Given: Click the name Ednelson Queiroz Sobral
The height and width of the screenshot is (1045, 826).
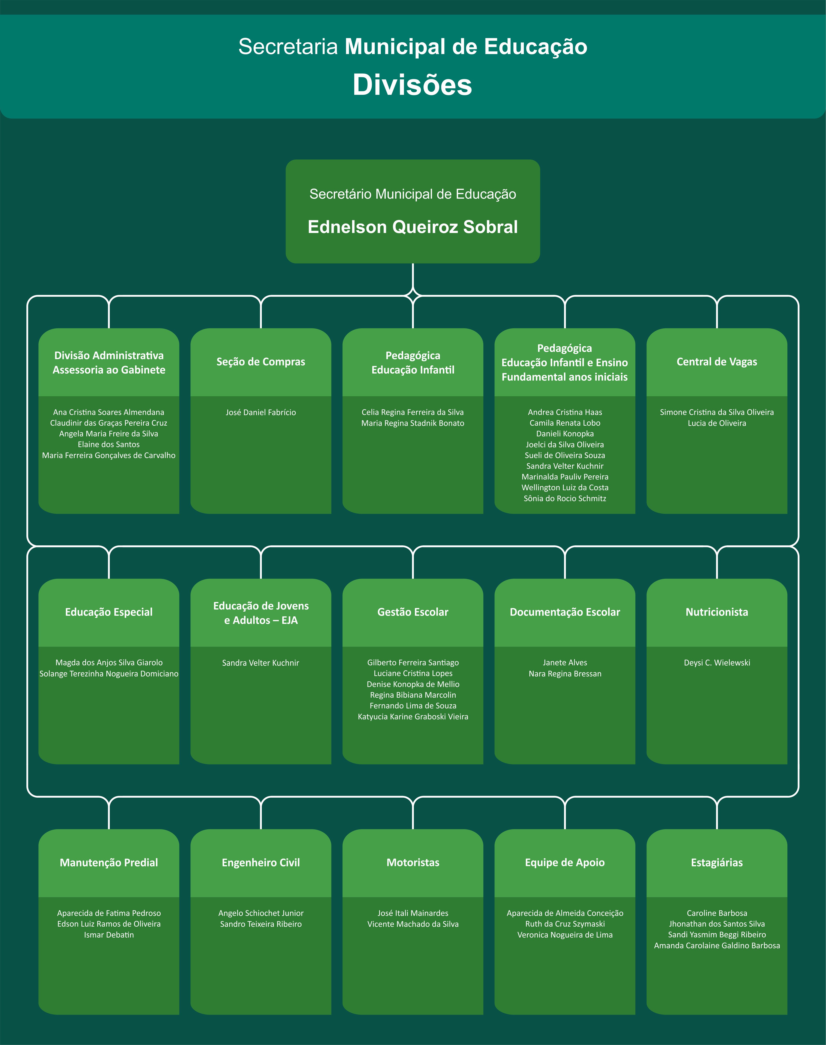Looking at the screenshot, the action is pyautogui.click(x=413, y=227).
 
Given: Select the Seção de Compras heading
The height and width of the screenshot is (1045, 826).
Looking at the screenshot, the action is pyautogui.click(x=261, y=362).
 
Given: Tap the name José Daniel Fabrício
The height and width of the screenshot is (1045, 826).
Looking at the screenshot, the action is pyautogui.click(x=261, y=412).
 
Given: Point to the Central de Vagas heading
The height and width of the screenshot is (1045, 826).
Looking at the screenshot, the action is pyautogui.click(x=717, y=362).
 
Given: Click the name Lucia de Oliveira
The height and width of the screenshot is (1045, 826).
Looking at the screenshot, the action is pyautogui.click(x=717, y=423).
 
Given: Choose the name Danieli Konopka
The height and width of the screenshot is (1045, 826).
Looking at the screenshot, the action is pyautogui.click(x=565, y=434).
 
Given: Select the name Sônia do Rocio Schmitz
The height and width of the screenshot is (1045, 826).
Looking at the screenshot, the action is pyautogui.click(x=565, y=498).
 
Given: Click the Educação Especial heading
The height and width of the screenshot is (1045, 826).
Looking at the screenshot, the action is pyautogui.click(x=109, y=612).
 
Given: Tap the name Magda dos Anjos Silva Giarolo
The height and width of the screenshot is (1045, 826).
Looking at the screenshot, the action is pyautogui.click(x=109, y=662).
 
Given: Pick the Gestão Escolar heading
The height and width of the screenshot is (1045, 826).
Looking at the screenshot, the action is pyautogui.click(x=413, y=612).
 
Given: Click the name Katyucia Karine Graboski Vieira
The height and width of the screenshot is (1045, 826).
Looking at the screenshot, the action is pyautogui.click(x=413, y=717).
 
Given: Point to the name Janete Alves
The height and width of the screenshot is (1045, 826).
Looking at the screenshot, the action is pyautogui.click(x=565, y=662).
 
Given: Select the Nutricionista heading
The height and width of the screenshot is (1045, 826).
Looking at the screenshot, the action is pyautogui.click(x=717, y=612).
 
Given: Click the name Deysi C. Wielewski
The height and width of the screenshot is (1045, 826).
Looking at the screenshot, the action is pyautogui.click(x=717, y=662).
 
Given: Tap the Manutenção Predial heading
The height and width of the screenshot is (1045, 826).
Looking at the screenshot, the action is pyautogui.click(x=109, y=863).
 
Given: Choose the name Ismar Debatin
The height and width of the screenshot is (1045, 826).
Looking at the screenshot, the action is pyautogui.click(x=109, y=935).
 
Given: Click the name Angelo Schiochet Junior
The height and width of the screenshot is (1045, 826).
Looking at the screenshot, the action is pyautogui.click(x=261, y=913).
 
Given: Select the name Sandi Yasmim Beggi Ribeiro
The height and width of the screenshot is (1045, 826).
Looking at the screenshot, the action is pyautogui.click(x=717, y=935).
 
